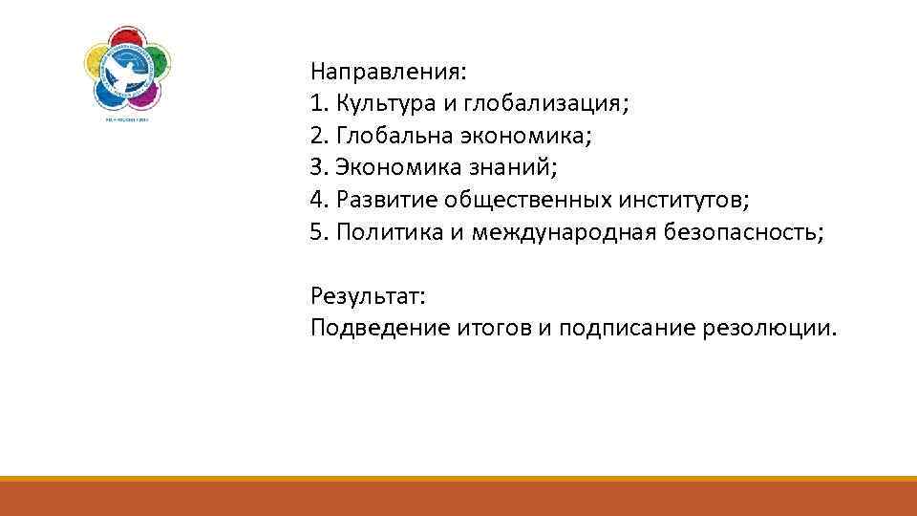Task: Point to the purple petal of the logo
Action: tap(145, 94)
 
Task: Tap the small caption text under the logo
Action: tap(128, 121)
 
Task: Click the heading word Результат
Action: tap(367, 296)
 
